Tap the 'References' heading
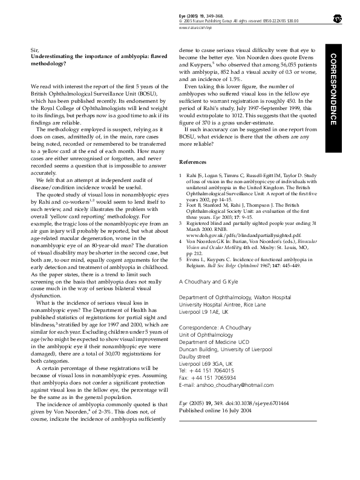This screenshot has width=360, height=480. click(x=194, y=162)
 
